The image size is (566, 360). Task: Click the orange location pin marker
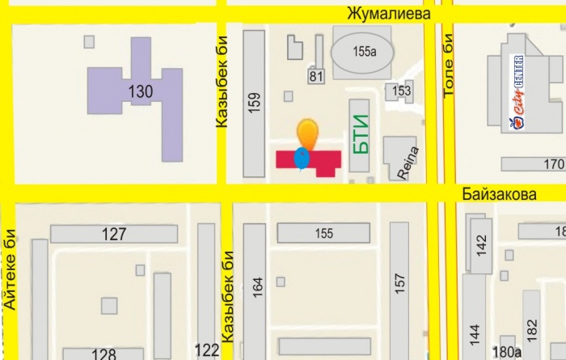coord(306,133)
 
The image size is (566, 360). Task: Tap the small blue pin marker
coord(302,158)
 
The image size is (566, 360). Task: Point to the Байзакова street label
coord(501,195)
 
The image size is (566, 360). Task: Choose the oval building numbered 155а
coord(361,50)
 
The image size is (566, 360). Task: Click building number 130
coord(140,91)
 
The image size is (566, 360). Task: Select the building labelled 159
coord(254,104)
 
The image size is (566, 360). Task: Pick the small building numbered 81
coord(315,76)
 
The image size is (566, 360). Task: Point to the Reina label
coord(399,161)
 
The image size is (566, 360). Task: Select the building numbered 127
coord(114,234)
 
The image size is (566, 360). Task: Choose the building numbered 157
coord(399,283)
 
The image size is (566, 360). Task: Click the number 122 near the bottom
coord(207,350)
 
